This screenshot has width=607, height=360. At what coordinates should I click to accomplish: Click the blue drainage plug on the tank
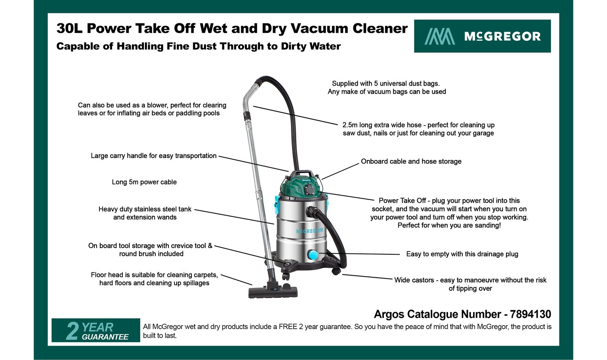(313, 254)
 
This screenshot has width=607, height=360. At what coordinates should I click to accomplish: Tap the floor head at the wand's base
(273, 292)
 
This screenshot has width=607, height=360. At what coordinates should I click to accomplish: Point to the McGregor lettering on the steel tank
(309, 231)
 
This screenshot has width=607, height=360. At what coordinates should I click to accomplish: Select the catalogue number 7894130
(530, 314)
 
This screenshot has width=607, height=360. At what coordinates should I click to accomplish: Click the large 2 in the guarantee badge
(72, 331)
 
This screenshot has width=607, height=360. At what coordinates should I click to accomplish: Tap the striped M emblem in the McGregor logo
(439, 36)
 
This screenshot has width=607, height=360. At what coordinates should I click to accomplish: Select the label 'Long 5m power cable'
(144, 182)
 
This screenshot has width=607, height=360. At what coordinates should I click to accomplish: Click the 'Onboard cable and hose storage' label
(411, 162)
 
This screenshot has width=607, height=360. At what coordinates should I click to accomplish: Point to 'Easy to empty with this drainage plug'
(462, 254)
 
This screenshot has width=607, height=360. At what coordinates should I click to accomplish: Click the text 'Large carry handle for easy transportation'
(154, 156)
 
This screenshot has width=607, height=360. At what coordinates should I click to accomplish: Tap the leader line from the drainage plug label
(359, 254)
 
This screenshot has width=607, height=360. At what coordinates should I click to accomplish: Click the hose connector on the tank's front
(312, 211)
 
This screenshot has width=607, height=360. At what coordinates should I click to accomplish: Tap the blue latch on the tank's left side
(277, 204)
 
